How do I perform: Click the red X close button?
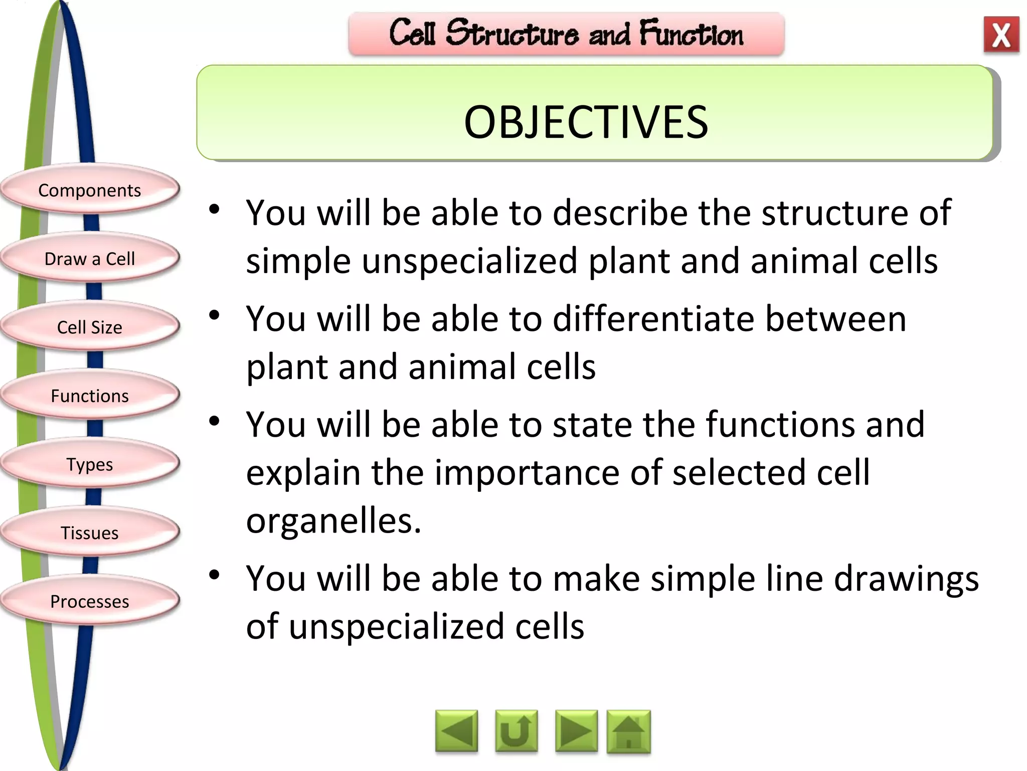1001,35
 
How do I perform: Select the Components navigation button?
89,190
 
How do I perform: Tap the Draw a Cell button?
89,259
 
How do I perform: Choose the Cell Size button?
89,327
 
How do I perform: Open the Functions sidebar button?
89,396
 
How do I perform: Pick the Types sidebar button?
89,464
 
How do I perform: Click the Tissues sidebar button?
89,533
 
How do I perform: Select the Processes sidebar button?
89,601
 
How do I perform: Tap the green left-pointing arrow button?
456,731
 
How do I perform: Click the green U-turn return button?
516,731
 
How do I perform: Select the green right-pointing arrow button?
576,731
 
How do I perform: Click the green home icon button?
628,731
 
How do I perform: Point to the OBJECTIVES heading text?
586,122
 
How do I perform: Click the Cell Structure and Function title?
566,34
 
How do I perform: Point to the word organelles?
333,521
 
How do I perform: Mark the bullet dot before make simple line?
215,575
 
